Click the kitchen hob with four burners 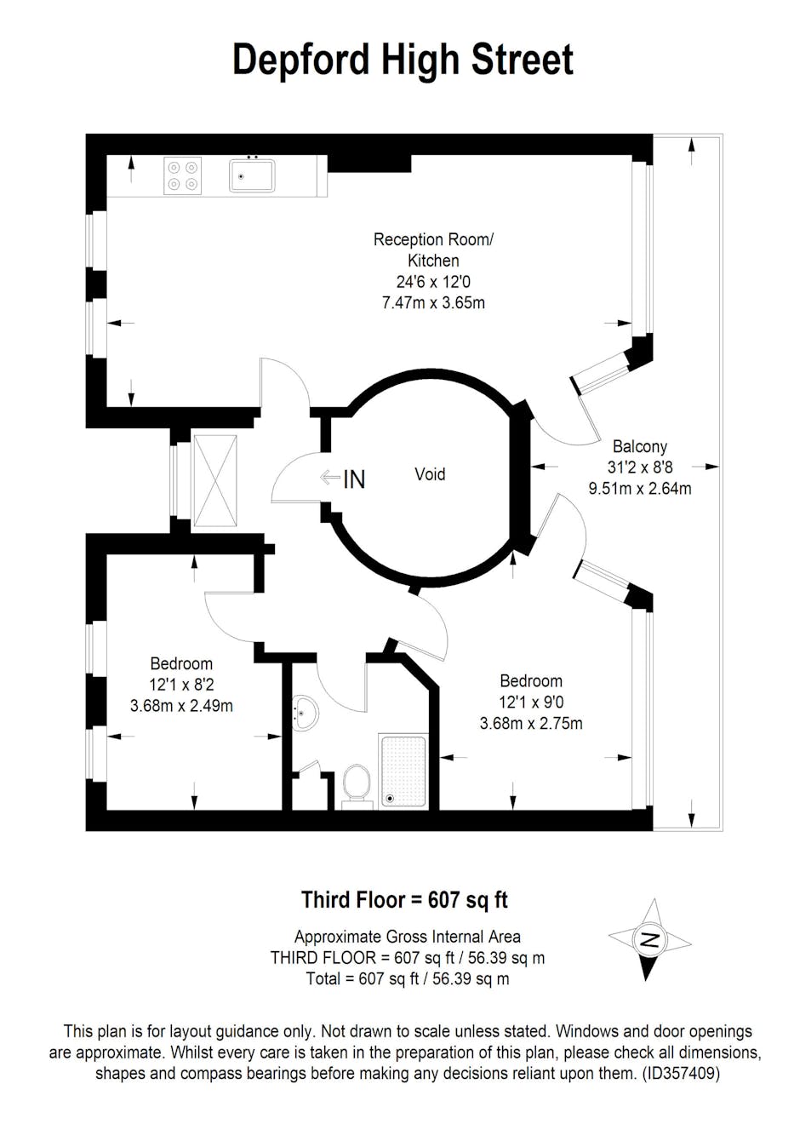183,175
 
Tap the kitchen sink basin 252,175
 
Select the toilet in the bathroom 357,786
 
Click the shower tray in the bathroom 403,771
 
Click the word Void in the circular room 430,474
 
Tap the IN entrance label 354,479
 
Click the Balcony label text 640,446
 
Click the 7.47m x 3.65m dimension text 433,303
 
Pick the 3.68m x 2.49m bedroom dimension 181,706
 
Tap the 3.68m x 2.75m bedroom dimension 531,724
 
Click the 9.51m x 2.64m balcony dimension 640,488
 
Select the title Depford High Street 403,60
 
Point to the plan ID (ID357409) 681,1070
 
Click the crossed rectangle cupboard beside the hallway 215,481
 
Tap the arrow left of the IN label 330,477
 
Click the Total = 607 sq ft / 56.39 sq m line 408,978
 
